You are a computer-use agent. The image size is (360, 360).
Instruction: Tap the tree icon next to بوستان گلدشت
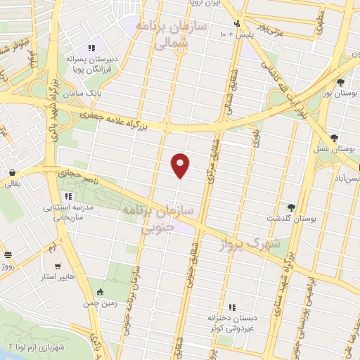290,207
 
